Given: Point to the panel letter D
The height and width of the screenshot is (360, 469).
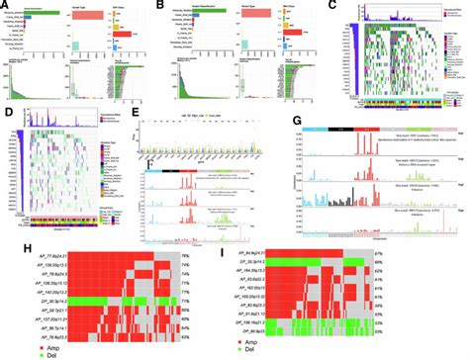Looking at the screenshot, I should (8, 112).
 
